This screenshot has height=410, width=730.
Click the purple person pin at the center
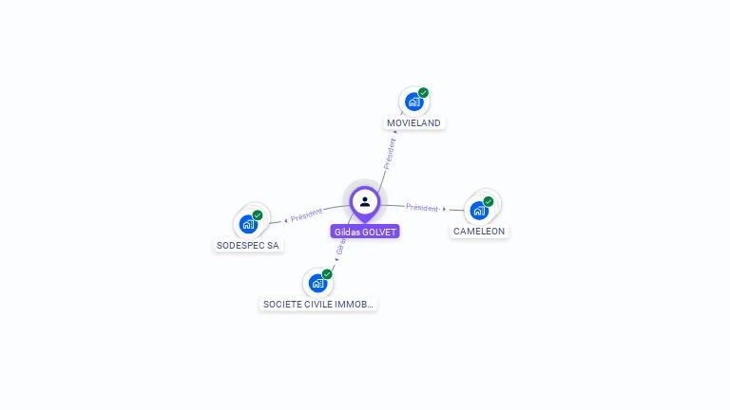click(x=365, y=201)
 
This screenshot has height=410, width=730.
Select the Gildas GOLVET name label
click(x=365, y=232)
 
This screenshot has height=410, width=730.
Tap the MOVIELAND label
click(x=414, y=123)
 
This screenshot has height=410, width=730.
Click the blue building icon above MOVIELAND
click(x=413, y=101)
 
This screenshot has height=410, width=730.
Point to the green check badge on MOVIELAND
click(x=423, y=93)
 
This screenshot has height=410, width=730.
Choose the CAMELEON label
click(x=479, y=232)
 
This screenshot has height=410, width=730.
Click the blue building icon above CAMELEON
click(x=478, y=210)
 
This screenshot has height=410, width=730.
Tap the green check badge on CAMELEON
click(x=489, y=201)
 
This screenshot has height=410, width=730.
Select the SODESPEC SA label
click(x=248, y=245)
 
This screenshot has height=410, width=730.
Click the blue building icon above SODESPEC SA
click(x=247, y=224)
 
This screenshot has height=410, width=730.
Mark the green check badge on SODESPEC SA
click(x=258, y=215)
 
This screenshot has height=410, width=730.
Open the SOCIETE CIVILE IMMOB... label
click(x=318, y=305)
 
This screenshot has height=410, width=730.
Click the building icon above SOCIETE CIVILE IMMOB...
click(x=317, y=282)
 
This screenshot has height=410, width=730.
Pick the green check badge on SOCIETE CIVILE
click(x=327, y=274)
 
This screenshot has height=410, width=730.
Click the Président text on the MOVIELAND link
click(x=389, y=153)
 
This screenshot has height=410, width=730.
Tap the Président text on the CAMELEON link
click(x=422, y=208)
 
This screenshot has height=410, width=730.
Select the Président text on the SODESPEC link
click(x=306, y=214)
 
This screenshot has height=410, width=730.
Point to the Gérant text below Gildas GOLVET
click(x=339, y=245)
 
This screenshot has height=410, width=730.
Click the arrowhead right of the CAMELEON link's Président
click(x=445, y=209)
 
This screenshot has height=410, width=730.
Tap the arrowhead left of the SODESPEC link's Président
click(x=285, y=220)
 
